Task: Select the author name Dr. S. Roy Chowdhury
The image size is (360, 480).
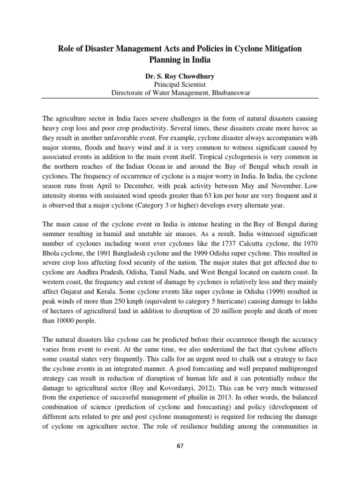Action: pyautogui.click(x=180, y=75)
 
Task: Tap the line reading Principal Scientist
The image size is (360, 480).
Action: pyautogui.click(x=180, y=84)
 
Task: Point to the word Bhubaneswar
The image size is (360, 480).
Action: pyautogui.click(x=227, y=93)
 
